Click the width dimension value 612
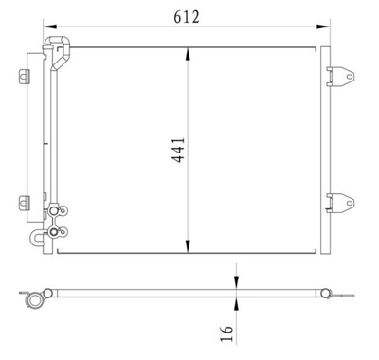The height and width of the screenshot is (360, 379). [x=185, y=15]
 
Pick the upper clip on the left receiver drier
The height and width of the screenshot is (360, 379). [x=22, y=77]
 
